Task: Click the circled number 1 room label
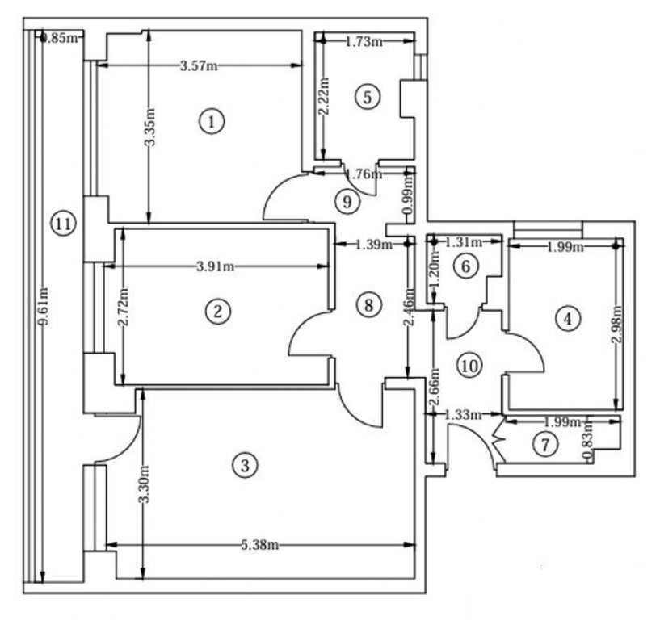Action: [212, 122]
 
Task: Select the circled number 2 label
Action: [217, 312]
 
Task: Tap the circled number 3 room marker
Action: [245, 466]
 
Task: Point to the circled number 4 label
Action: [567, 319]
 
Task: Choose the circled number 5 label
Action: [368, 97]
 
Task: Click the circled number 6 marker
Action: [465, 266]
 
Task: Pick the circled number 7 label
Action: [545, 444]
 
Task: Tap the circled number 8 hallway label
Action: [368, 305]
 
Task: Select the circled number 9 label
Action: [347, 202]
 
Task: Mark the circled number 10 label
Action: [469, 366]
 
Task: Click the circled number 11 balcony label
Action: [63, 224]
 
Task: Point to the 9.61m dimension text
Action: [43, 306]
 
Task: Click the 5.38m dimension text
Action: [259, 545]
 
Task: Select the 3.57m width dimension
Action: [199, 66]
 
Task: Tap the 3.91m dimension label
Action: [216, 266]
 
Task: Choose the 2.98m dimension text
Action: [617, 325]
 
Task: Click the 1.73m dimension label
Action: [364, 42]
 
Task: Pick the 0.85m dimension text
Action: [61, 38]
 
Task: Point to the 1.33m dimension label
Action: [463, 415]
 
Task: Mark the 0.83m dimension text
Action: [587, 440]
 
